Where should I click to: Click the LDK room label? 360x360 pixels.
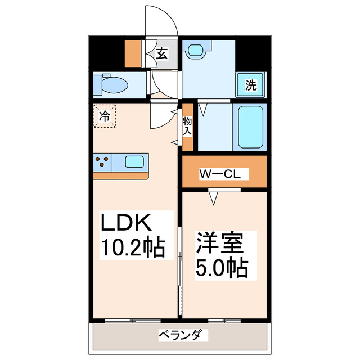point(127,223)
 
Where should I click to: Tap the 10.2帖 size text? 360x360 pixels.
point(133,247)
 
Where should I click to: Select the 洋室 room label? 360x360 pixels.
point(219,244)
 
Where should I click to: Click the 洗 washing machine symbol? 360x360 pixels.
point(250,85)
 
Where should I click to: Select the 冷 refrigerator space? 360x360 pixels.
point(105,116)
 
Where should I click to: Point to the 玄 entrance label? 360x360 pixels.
point(161,54)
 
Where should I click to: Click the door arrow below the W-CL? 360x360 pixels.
point(214,197)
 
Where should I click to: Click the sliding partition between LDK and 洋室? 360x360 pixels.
point(180,270)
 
